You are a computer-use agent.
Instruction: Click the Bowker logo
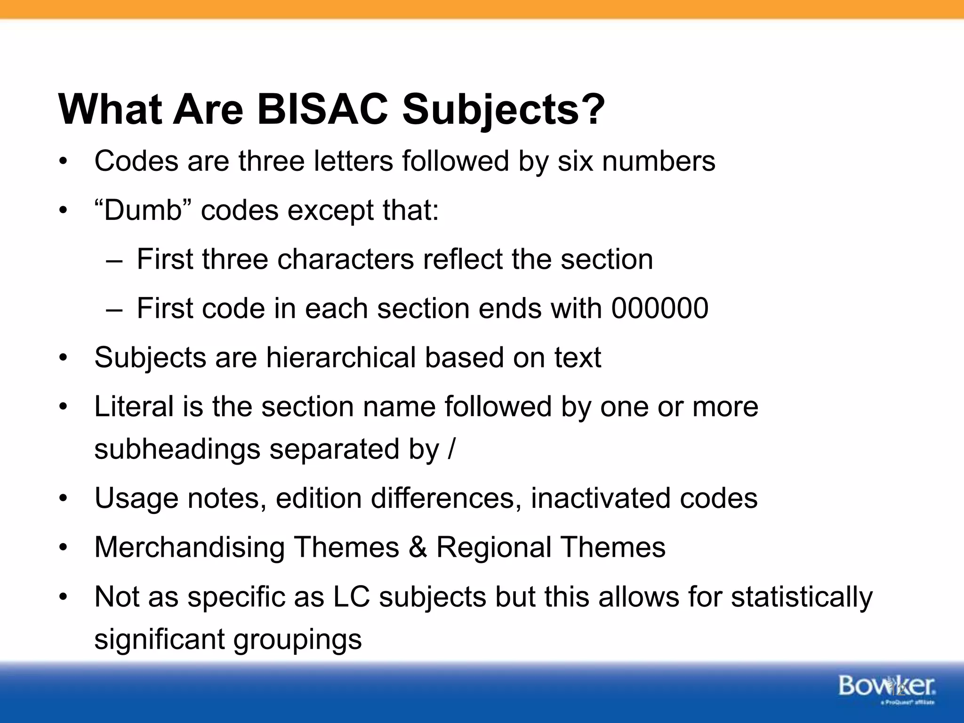pos(887,688)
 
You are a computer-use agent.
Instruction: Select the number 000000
pos(659,308)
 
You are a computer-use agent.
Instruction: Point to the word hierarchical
pos(341,357)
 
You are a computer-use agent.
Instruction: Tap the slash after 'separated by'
pos(451,449)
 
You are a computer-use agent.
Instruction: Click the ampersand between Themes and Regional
pos(418,547)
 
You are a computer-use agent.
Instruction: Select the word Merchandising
pos(189,547)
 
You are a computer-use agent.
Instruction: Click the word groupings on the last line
pos(297,640)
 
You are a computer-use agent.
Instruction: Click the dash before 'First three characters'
pos(114,260)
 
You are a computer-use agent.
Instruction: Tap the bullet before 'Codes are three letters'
pos(63,161)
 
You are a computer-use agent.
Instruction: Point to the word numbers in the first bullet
pos(659,161)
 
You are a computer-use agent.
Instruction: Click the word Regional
pos(494,547)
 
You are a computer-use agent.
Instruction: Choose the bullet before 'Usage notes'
pos(63,498)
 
